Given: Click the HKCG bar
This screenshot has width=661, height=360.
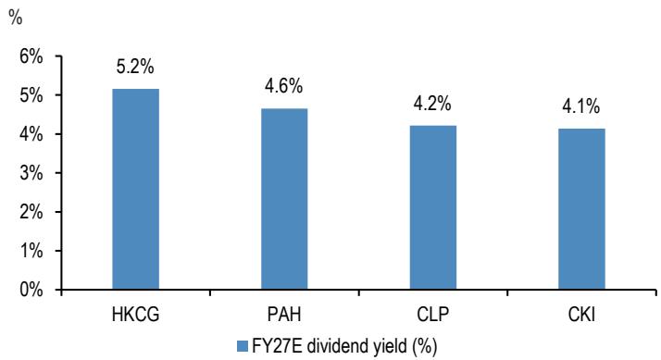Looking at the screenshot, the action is [x=135, y=189].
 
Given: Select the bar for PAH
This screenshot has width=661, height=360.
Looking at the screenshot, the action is [x=284, y=199].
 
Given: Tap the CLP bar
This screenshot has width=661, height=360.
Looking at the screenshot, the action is [x=433, y=207].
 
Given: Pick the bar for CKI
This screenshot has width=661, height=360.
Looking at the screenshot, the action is [x=581, y=209].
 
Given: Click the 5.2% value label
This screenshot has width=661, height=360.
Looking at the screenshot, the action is [x=135, y=67].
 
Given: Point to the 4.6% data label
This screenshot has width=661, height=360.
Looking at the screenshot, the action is [x=283, y=86].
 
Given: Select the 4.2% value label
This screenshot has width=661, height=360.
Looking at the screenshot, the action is [x=432, y=104].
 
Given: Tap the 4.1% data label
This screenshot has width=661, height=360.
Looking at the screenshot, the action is [x=580, y=106].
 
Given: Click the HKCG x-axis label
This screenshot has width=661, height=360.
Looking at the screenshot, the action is [x=136, y=315].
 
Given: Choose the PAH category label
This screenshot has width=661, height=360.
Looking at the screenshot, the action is [x=284, y=315].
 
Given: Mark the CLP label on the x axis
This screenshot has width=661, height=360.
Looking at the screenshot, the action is [x=433, y=315].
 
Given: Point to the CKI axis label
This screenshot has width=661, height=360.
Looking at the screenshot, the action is [x=581, y=315].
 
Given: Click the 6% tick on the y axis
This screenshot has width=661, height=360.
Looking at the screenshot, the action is [x=31, y=56].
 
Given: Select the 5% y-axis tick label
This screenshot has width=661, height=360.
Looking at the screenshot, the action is [x=31, y=95].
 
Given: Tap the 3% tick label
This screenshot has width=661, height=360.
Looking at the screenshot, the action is [x=31, y=173].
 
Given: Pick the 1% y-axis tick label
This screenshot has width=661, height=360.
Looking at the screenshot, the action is [x=31, y=251].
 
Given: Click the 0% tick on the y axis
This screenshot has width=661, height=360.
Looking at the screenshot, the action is [x=31, y=290].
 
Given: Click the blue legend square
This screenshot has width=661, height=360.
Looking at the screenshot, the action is [x=242, y=346].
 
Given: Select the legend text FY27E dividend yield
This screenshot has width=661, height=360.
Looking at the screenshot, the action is [x=329, y=346].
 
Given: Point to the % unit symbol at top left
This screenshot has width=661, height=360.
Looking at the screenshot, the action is [x=15, y=18].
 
